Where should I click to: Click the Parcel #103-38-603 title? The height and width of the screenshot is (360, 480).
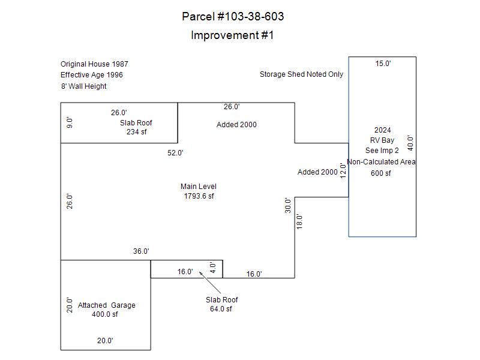[x=233, y=16]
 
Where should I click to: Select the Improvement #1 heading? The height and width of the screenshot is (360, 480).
[x=232, y=35]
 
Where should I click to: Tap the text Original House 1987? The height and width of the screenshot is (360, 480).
[x=94, y=64]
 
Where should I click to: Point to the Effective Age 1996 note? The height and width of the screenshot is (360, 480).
[x=92, y=75]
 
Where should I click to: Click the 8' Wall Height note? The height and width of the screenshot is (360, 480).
[x=83, y=86]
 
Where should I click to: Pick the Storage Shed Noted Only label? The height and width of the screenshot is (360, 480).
[x=301, y=74]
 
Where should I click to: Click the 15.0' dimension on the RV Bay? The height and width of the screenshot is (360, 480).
[x=383, y=64]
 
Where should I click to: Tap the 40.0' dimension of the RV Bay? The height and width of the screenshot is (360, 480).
[x=410, y=143]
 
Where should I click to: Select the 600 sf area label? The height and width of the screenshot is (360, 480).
[x=380, y=173]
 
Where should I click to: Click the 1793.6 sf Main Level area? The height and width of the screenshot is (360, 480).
[x=199, y=196]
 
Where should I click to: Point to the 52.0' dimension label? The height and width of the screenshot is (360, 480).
[x=175, y=153]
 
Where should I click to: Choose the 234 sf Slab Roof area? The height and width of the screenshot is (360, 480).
[x=136, y=132]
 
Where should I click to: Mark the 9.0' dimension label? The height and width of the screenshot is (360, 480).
[x=70, y=122]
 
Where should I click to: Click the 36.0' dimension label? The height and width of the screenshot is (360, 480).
[x=141, y=251]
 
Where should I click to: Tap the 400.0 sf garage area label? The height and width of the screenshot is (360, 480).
[x=105, y=314]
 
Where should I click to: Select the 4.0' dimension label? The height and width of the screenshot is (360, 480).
[x=212, y=267]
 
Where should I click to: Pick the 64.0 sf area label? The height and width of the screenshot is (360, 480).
[x=221, y=309]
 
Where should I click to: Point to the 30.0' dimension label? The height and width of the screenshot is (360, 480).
[x=288, y=205]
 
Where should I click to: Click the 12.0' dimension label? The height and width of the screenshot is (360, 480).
[x=343, y=171]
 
